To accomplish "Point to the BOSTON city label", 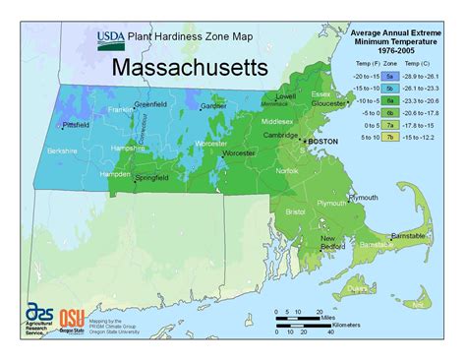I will click(x=329, y=143).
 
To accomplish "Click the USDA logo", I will click(x=111, y=38).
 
